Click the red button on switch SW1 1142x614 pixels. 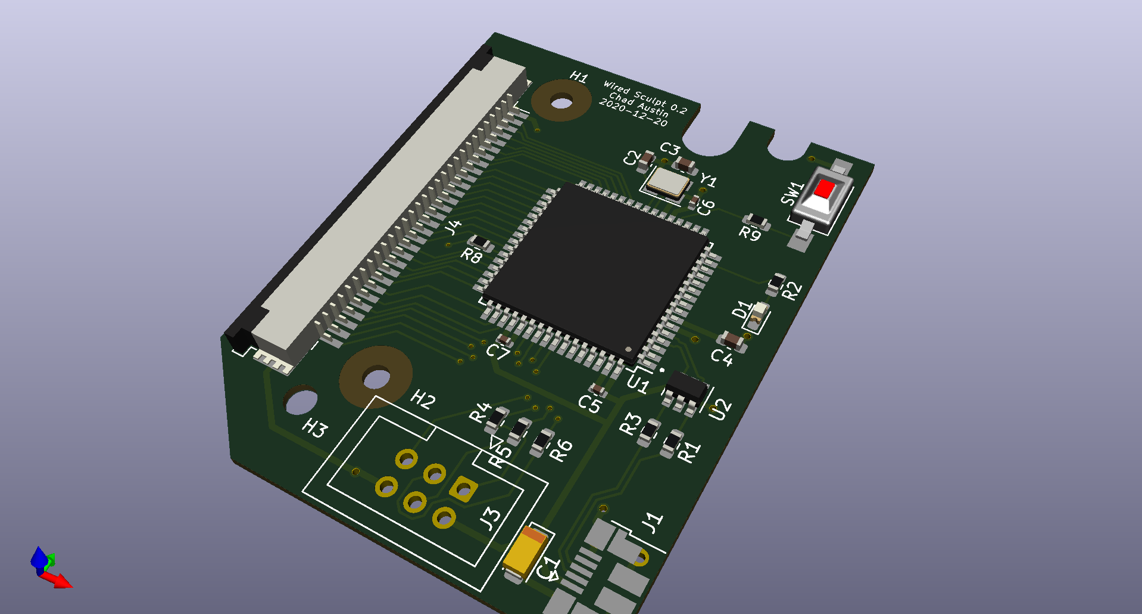825,189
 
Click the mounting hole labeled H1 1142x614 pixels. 560,101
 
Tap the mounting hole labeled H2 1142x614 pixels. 376,378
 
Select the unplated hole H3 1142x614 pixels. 301,401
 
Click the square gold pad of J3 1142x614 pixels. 463,489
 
